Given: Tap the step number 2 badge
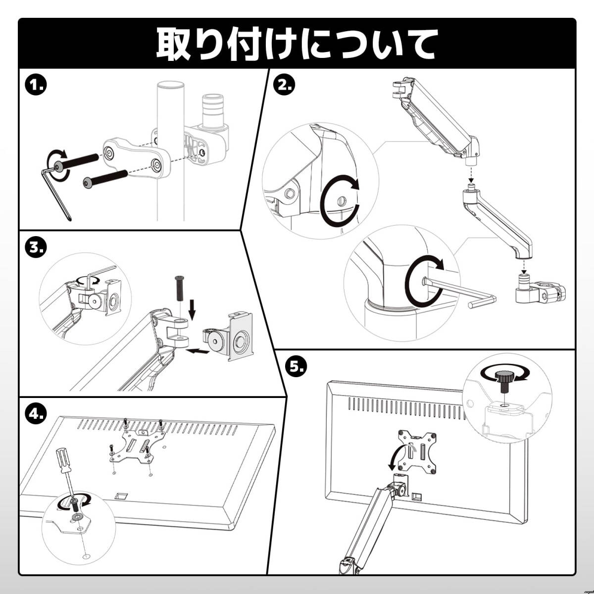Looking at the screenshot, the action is click(x=284, y=86).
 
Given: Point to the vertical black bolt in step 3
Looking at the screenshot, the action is click(x=180, y=289).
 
